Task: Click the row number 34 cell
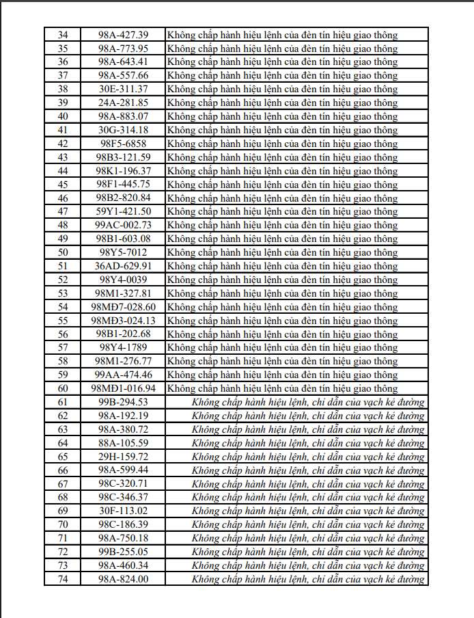(63, 35)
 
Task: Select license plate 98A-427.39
(123, 35)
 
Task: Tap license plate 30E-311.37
(123, 89)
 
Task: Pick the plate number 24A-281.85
(123, 103)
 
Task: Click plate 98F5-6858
(123, 144)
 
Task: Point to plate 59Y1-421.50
(123, 211)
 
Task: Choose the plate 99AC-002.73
(123, 225)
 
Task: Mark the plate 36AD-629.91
(123, 266)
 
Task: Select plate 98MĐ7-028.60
(123, 307)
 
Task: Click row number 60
(63, 388)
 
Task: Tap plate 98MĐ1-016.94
(123, 388)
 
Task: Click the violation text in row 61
(308, 402)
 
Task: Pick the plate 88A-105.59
(123, 443)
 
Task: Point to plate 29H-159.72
(123, 457)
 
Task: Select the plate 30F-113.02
(123, 511)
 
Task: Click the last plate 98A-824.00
(123, 579)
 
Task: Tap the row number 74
(63, 579)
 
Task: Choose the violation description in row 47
(282, 211)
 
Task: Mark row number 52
(63, 280)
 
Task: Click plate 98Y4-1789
(123, 347)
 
